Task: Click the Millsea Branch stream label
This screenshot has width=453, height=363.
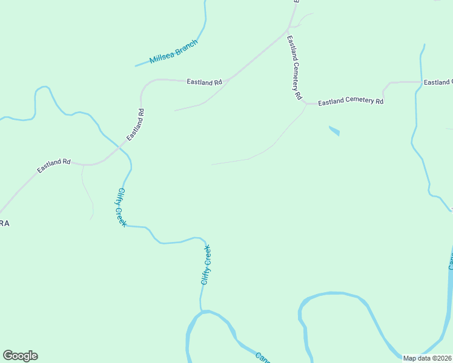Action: point(174,52)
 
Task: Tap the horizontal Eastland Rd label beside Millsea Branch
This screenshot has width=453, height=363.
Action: point(204,82)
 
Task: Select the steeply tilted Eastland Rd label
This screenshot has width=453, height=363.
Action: point(136,125)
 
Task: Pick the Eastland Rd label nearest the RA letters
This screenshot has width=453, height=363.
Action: point(54,166)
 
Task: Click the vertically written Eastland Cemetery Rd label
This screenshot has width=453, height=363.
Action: point(294,67)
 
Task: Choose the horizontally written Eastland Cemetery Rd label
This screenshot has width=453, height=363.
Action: point(351,102)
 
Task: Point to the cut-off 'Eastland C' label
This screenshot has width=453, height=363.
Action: point(438,82)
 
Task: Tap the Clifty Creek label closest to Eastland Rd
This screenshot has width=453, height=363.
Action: point(121,208)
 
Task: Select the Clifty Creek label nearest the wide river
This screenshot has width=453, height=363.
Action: point(206,265)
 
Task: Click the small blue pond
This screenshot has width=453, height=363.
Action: point(334,130)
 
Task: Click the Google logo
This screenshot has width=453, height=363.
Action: point(20,356)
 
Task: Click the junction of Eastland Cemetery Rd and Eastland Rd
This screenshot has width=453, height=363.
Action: point(288,28)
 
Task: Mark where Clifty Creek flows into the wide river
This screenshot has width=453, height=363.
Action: point(202,312)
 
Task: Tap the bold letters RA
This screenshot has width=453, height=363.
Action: point(5,223)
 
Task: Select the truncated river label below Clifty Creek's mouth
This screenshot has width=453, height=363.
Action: point(262,357)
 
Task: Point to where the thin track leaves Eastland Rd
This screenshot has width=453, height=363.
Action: point(82,165)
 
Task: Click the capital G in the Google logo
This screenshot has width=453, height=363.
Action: point(8,356)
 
